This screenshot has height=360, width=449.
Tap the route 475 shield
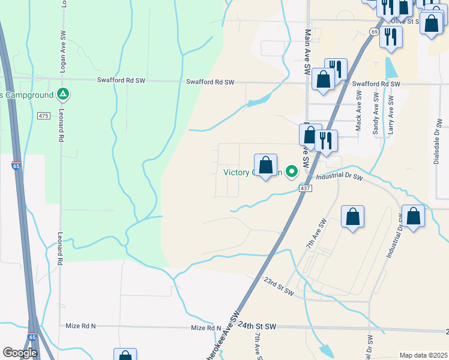click(x=43, y=116)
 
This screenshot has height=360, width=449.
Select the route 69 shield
click(x=374, y=31)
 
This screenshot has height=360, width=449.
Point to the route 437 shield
click(x=306, y=188)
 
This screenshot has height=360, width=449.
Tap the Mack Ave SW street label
click(x=358, y=111)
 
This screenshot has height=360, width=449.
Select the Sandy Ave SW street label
click(x=376, y=113)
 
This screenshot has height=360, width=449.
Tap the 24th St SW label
click(x=256, y=325)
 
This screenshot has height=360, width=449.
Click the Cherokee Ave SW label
click(x=223, y=336)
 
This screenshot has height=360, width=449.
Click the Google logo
click(x=20, y=353)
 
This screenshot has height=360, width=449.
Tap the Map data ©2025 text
click(x=423, y=355)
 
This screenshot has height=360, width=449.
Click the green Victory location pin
click(x=292, y=172)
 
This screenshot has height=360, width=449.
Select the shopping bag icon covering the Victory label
click(x=265, y=164)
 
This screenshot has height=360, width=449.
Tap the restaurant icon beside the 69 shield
click(x=391, y=37)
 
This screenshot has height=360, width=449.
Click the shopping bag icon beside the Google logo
click(x=125, y=355)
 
